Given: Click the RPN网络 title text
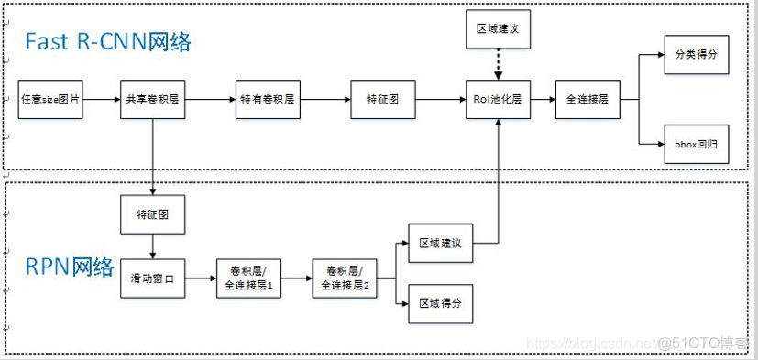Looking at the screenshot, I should [x=70, y=267].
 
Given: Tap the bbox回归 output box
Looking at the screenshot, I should [x=696, y=145].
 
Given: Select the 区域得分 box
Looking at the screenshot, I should [x=441, y=301].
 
